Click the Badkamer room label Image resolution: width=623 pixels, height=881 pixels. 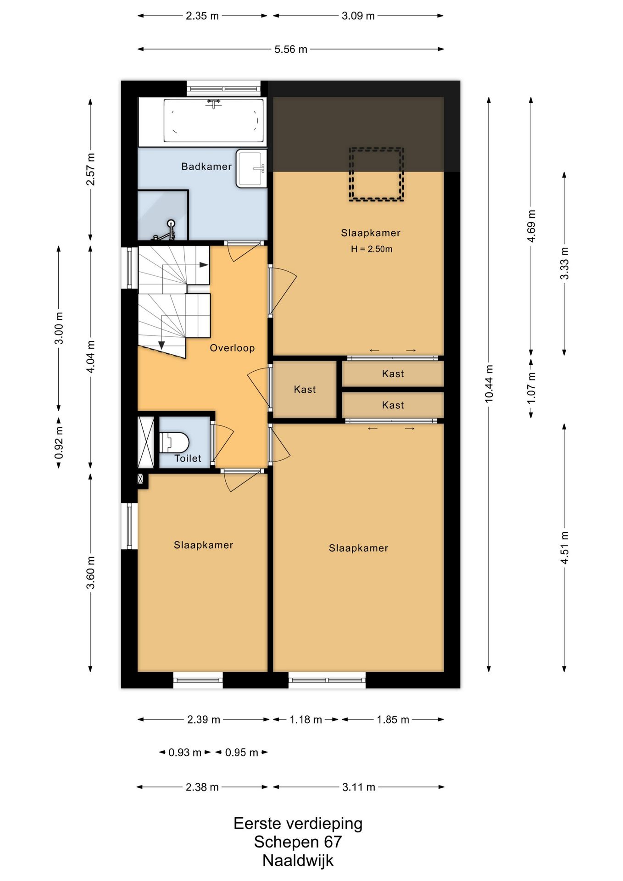pos(206,167)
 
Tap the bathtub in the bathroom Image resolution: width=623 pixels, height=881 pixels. pos(214,121)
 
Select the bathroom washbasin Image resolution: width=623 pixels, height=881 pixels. pos(251,168)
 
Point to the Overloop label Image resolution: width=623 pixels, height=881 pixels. pos(232,348)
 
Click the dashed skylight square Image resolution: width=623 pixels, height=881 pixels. pos(376,174)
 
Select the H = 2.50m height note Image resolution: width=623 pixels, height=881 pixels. pos(372,249)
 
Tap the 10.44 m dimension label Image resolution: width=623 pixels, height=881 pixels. pos(489,384)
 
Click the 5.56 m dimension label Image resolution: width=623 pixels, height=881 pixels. pos(291,49)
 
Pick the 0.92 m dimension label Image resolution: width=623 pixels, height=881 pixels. pos(59,443)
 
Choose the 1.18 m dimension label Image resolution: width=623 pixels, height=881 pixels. pos(306,719)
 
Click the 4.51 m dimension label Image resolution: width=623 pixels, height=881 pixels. pos(564,548)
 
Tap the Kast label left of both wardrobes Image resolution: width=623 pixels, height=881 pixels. pos(305,390)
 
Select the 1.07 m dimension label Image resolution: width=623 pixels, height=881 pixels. pos(531,388)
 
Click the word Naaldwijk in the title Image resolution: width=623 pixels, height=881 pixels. pos(298,860)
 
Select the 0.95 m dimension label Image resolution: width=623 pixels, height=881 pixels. pos(241,753)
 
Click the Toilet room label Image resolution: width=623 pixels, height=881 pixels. pos(188,458)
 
